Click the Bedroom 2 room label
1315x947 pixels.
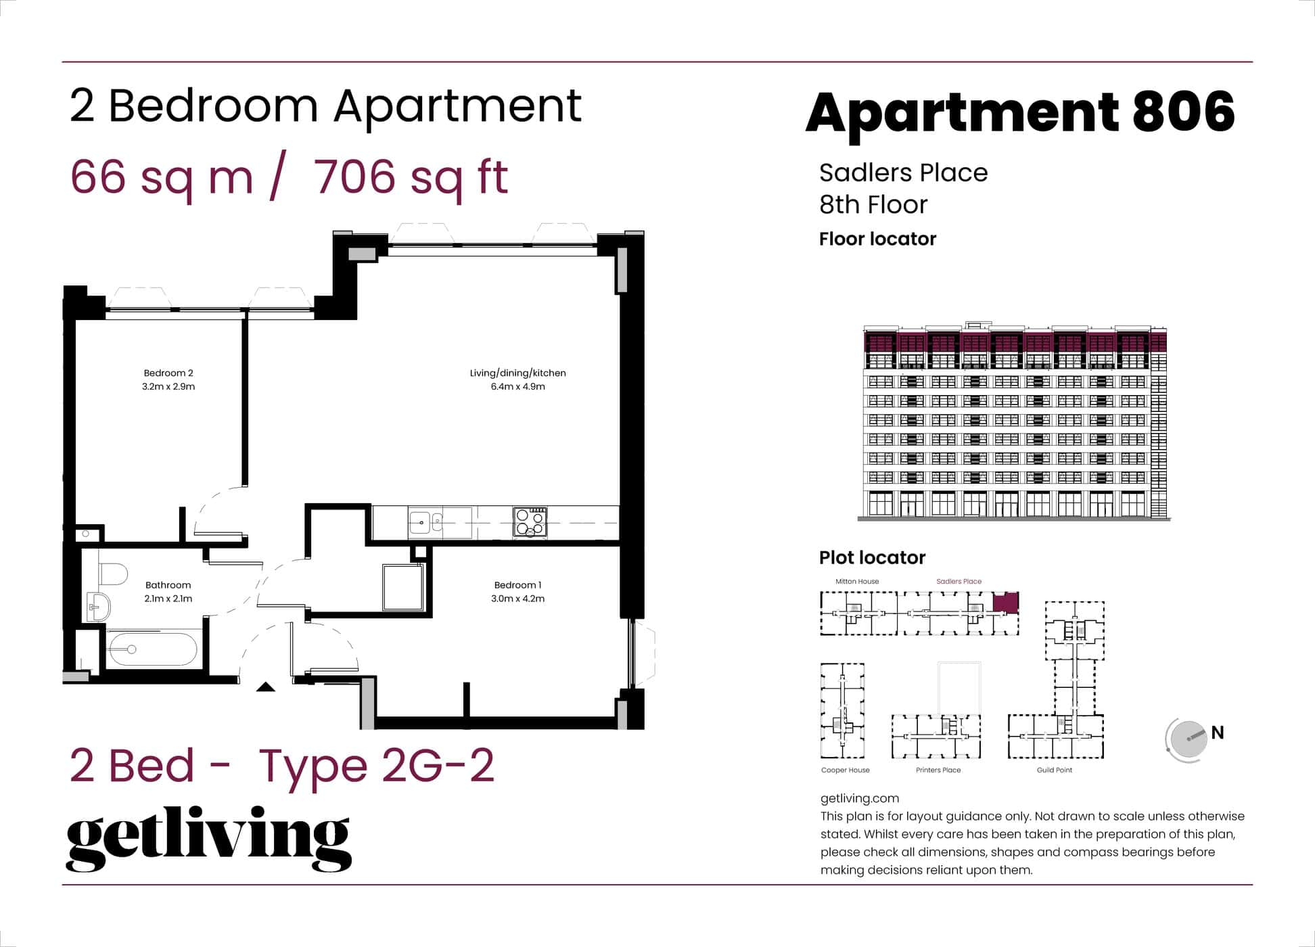tap(168, 373)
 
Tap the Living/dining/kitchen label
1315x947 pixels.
tap(517, 373)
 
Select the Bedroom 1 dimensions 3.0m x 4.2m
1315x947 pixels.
tap(517, 599)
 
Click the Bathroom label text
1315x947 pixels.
tap(168, 585)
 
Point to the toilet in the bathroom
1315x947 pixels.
tap(113, 574)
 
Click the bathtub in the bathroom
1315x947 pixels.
tap(152, 649)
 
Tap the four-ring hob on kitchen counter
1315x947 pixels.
tap(530, 523)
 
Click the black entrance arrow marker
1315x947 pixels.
tap(266, 687)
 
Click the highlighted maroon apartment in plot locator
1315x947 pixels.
tap(1005, 602)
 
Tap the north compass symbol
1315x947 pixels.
tap(1188, 739)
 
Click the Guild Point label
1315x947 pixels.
tap(1054, 770)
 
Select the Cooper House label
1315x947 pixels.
tap(845, 770)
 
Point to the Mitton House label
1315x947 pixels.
tap(857, 581)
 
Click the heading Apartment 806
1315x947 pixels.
tap(1020, 112)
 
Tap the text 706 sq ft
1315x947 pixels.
tap(411, 177)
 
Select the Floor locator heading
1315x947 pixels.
tap(877, 239)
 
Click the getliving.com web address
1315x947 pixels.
tap(859, 798)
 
